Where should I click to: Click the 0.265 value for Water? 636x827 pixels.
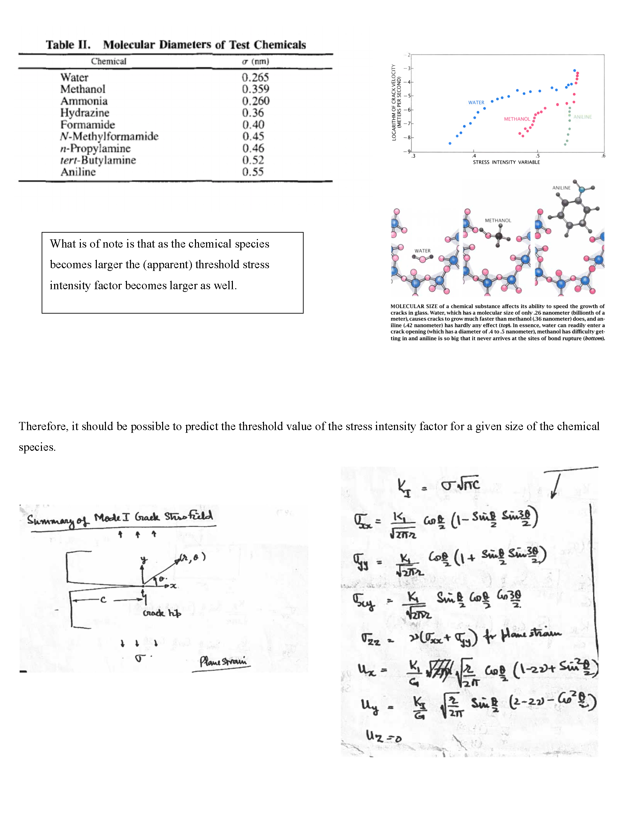pyautogui.click(x=255, y=78)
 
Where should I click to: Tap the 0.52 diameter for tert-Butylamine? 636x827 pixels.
pyautogui.click(x=253, y=160)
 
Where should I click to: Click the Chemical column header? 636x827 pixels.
pyautogui.click(x=108, y=61)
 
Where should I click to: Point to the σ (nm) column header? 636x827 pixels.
pyautogui.click(x=256, y=61)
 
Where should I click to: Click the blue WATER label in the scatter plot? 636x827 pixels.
pyautogui.click(x=476, y=103)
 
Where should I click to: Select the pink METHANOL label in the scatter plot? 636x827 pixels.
pyautogui.click(x=517, y=119)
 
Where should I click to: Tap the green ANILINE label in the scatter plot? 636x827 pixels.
pyautogui.click(x=582, y=117)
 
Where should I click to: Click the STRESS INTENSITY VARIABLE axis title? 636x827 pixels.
pyautogui.click(x=506, y=162)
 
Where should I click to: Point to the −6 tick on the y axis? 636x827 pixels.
pyautogui.click(x=407, y=110)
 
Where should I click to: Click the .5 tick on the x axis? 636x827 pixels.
pyautogui.click(x=537, y=156)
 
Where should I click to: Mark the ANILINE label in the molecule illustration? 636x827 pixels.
pyautogui.click(x=561, y=188)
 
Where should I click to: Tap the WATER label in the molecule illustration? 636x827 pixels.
pyautogui.click(x=422, y=251)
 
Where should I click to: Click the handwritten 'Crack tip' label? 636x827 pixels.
pyautogui.click(x=162, y=613)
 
